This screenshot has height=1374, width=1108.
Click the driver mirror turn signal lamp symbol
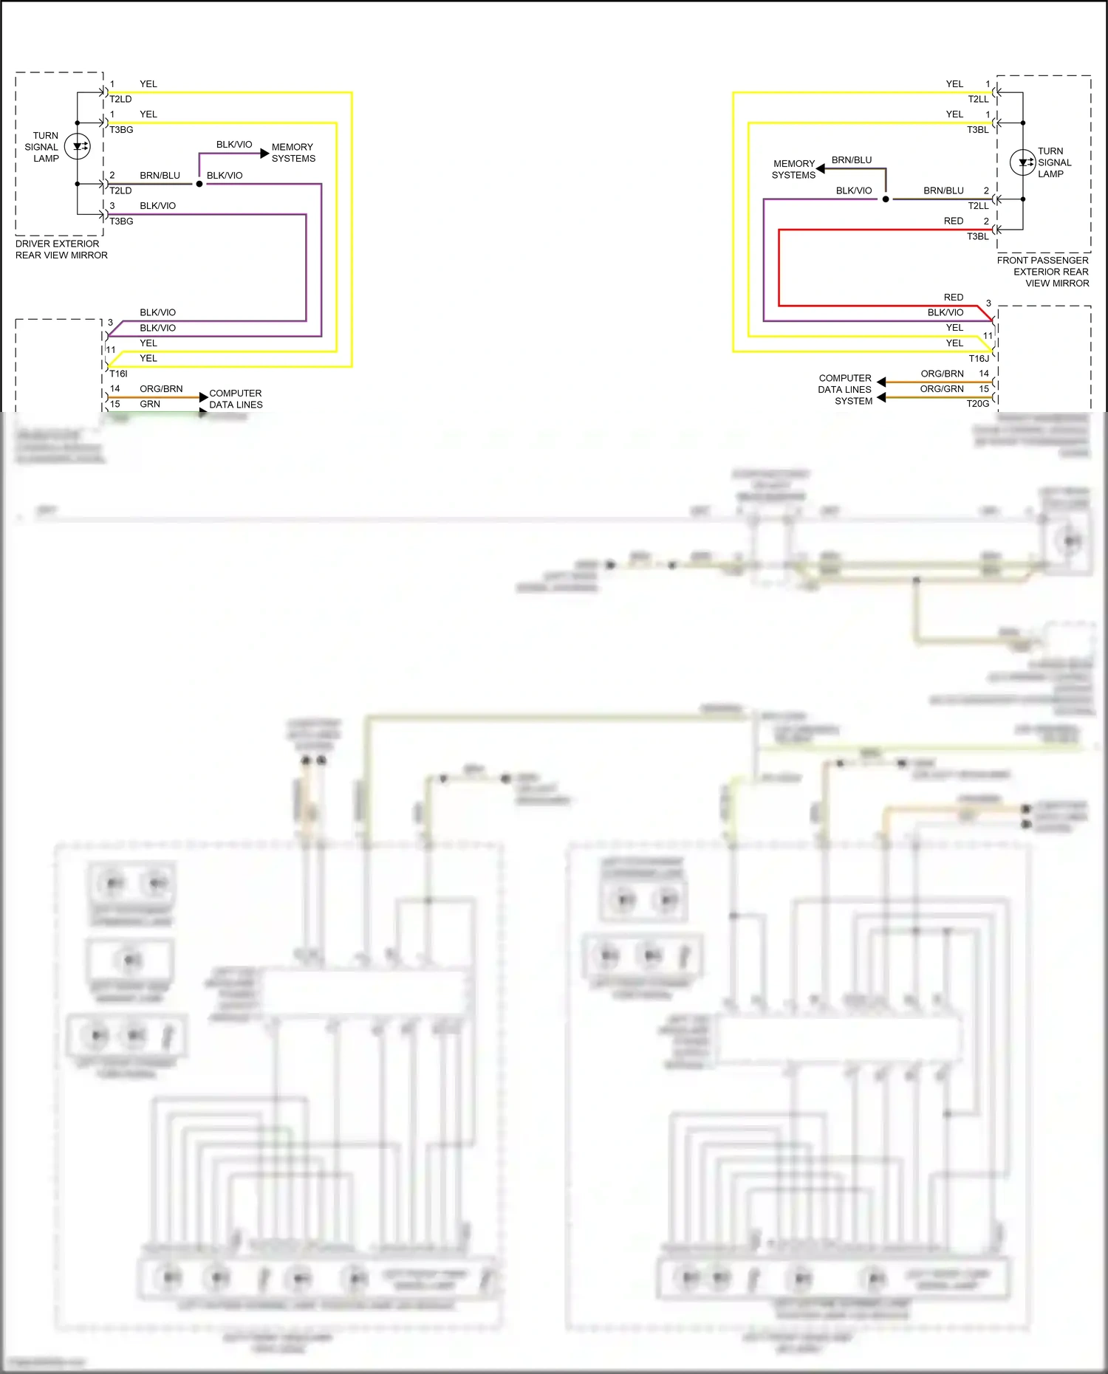pyautogui.click(x=77, y=146)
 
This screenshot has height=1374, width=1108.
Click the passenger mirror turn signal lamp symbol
pyautogui.click(x=1022, y=162)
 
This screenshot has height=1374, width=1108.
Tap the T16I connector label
pyautogui.click(x=118, y=374)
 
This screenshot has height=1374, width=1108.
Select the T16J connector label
pyautogui.click(x=979, y=358)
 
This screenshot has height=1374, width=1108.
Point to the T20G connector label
pyautogui.click(x=977, y=404)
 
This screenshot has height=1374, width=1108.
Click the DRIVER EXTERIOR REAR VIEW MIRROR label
pyautogui.click(x=61, y=250)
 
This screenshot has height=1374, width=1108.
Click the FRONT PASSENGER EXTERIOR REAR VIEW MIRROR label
pyautogui.click(x=1043, y=272)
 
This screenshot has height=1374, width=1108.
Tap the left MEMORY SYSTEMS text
pyautogui.click(x=293, y=153)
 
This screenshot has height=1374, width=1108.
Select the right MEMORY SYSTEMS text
pyautogui.click(x=793, y=169)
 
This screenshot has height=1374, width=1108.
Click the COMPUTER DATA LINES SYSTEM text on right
pyautogui.click(x=845, y=389)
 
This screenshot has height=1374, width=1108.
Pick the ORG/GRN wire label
pyautogui.click(x=941, y=389)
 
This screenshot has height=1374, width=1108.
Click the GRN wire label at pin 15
pyautogui.click(x=150, y=404)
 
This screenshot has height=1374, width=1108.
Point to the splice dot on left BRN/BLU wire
pyautogui.click(x=199, y=184)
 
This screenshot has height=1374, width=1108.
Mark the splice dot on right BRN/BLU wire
pyautogui.click(x=886, y=199)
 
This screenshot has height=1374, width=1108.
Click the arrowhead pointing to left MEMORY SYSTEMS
pyautogui.click(x=265, y=153)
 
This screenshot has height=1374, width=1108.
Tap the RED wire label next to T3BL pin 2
pyautogui.click(x=953, y=221)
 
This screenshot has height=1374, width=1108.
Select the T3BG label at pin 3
pyautogui.click(x=122, y=221)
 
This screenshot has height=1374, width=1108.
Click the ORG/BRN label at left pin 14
pyautogui.click(x=161, y=388)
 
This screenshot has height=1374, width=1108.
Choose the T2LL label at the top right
pyautogui.click(x=978, y=99)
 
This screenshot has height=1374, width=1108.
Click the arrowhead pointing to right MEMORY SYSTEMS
pyautogui.click(x=821, y=169)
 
